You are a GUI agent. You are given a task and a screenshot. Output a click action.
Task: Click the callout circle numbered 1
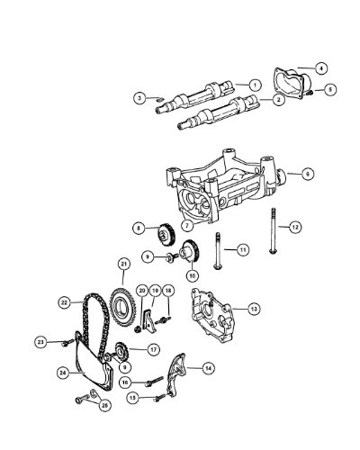click(255, 85)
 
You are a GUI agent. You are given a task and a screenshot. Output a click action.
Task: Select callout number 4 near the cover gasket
click(321, 68)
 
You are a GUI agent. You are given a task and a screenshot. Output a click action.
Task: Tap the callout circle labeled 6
click(308, 174)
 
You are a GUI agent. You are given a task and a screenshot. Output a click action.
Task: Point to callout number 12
click(295, 227)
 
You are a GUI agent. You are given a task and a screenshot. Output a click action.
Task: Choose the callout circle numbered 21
click(123, 265)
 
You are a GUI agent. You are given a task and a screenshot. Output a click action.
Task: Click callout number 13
click(254, 309)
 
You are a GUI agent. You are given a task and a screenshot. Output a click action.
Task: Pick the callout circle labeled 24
click(64, 373)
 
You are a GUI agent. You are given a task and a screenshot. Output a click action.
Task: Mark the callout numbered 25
click(104, 406)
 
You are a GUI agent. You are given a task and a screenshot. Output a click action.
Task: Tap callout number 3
click(139, 98)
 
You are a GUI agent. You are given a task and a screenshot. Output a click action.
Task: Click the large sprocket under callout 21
click(121, 307)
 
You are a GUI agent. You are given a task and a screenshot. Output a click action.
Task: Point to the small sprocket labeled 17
click(121, 353)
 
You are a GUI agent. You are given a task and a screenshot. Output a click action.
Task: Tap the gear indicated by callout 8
click(164, 235)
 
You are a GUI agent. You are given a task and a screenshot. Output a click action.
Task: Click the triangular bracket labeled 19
click(148, 321)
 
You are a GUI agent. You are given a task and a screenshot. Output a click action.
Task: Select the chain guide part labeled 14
click(177, 375)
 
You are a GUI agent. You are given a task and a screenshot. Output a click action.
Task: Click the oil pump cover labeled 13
click(213, 315)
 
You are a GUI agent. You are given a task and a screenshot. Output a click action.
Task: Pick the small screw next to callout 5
click(310, 94)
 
